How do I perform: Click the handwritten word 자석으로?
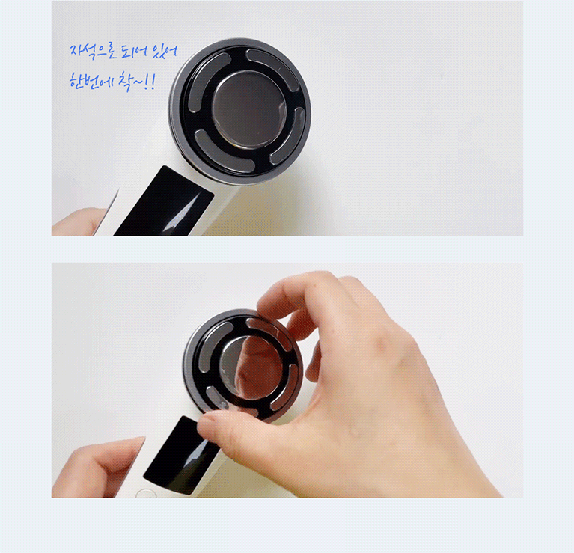93,52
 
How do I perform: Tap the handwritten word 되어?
135,51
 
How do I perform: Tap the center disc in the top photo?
249,110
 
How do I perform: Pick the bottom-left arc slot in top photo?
223,153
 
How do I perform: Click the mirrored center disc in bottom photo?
253,368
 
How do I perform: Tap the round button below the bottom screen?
145,495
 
